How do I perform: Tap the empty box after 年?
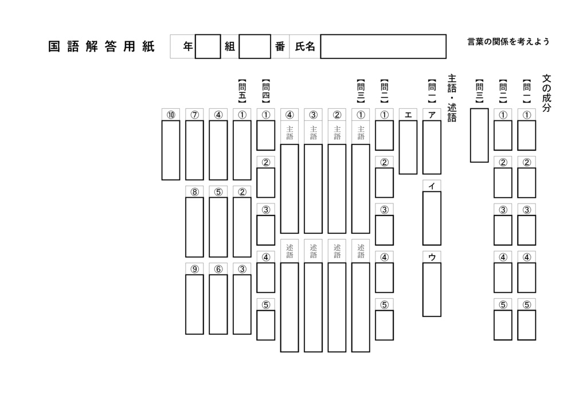208,47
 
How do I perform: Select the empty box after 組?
255,47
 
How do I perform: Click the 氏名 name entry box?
383,47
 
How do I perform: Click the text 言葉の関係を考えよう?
508,42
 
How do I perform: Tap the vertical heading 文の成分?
546,92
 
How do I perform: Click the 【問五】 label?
242,92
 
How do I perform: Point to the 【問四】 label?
265,92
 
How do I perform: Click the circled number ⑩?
171,115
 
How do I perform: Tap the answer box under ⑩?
171,150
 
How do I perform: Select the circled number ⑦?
194,115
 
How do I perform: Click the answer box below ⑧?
194,227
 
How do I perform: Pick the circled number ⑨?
194,269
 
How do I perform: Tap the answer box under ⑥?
218,304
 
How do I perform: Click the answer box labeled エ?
408,147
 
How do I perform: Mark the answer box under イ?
432,218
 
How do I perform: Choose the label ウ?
432,257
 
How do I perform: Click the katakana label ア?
432,115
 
